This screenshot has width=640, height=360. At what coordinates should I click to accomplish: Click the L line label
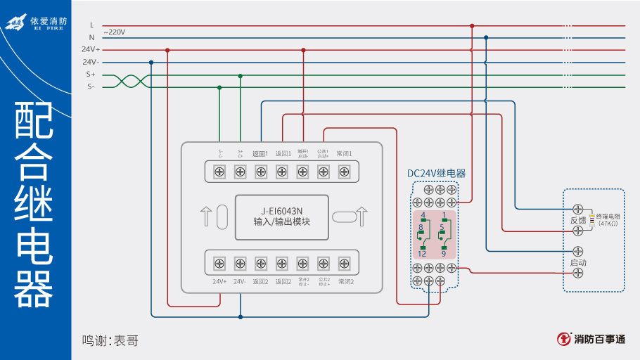(x=91, y=25)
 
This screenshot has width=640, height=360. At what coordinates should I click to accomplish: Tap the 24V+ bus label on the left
(x=91, y=50)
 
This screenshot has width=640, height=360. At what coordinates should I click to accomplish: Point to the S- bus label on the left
(x=91, y=86)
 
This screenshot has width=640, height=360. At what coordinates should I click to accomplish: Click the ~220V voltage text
(x=114, y=32)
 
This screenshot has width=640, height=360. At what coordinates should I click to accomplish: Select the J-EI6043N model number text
(x=281, y=210)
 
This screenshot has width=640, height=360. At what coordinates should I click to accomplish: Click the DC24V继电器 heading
(x=436, y=173)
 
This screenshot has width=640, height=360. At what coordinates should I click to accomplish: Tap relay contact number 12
(x=422, y=253)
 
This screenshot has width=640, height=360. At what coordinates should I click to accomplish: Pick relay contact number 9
(x=444, y=253)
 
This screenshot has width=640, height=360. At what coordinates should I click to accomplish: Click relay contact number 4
(x=423, y=214)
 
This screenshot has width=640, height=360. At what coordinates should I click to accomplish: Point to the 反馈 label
(x=577, y=220)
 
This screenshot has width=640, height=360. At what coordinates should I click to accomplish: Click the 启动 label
(x=577, y=262)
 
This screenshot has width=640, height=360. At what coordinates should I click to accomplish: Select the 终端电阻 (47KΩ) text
(x=608, y=220)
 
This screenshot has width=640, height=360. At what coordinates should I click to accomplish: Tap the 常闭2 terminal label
(x=345, y=281)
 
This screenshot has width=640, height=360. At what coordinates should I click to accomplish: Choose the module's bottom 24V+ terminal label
(x=219, y=281)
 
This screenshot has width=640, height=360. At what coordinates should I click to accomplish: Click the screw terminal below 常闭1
(x=345, y=171)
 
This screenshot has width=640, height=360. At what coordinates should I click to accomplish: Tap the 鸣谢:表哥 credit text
(x=110, y=340)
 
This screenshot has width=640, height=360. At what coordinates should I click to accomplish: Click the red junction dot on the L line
(x=472, y=25)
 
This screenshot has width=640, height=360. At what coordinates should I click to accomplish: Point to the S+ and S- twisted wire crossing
(x=128, y=81)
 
